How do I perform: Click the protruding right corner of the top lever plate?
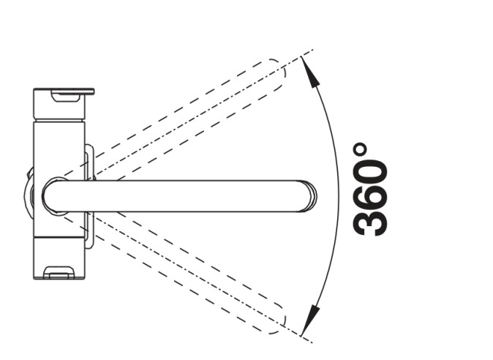pyautogui.click(x=92, y=92)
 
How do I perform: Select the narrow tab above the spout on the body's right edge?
pyautogui.click(x=89, y=161)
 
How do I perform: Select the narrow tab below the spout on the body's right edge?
pyautogui.click(x=89, y=230)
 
